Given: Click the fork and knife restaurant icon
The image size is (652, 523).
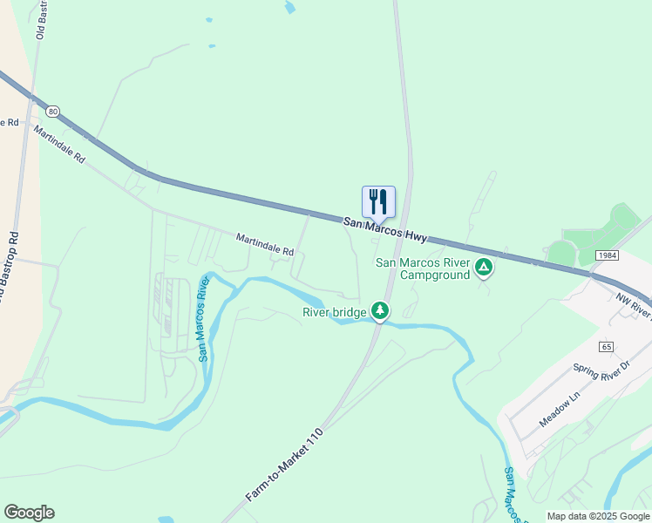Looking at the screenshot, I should [378, 201].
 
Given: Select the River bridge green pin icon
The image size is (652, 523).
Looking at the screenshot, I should [379, 310].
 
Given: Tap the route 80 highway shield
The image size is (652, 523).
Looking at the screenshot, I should [54, 112].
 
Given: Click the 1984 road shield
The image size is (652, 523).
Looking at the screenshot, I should [608, 255].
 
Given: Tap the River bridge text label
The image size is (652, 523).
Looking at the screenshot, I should [335, 311].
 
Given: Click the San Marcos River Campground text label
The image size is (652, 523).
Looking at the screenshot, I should [422, 268].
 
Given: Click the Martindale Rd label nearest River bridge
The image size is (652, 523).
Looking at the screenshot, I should [265, 244].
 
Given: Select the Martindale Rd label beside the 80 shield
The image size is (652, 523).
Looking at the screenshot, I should [61, 145].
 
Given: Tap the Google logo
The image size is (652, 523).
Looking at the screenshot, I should [29, 513].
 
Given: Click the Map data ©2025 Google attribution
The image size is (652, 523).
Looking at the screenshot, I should [597, 516].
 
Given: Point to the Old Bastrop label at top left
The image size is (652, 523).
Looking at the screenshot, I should [40, 19].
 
